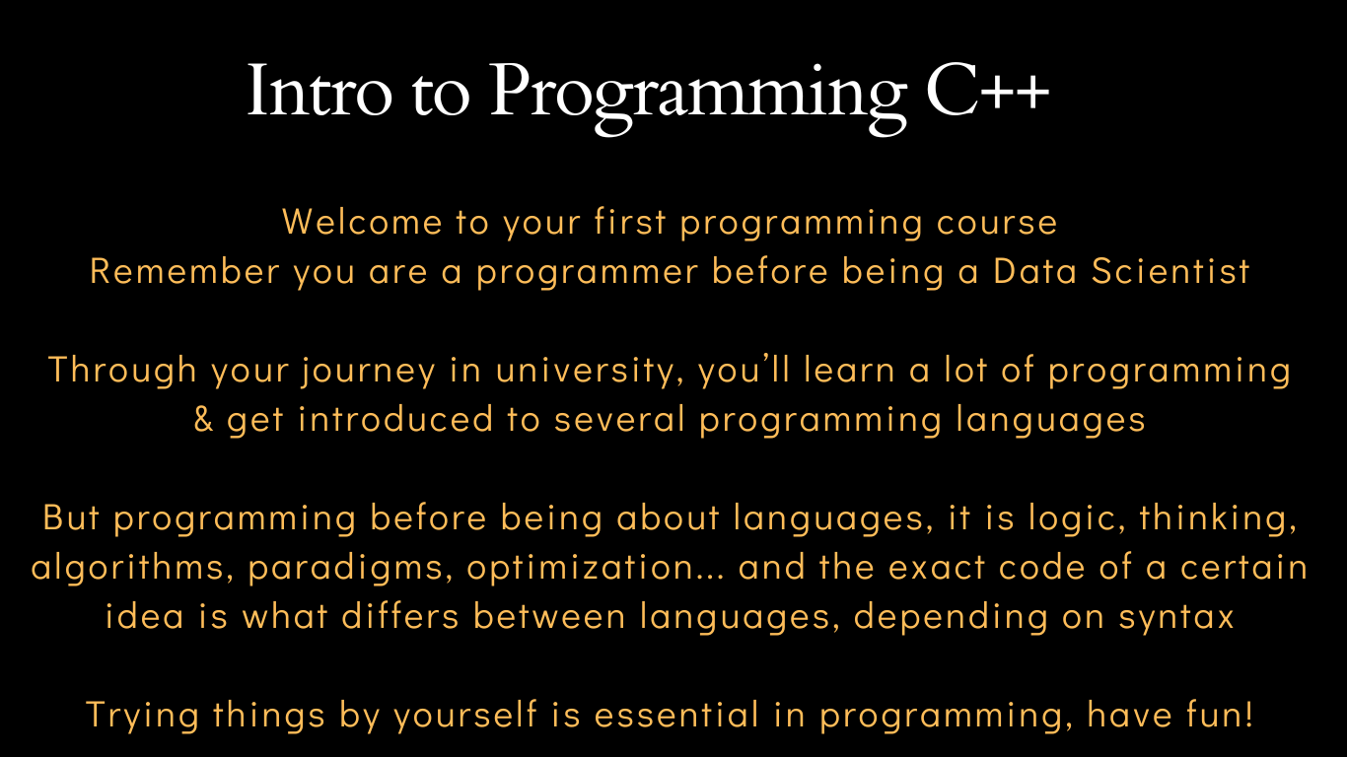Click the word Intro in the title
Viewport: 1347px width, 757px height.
point(319,91)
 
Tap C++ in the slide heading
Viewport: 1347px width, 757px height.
point(987,91)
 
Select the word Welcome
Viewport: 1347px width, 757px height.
point(362,222)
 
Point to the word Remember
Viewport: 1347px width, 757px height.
point(185,271)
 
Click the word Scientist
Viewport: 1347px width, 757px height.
point(1170,271)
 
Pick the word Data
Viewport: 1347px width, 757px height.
point(1035,271)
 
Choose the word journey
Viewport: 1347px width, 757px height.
point(369,372)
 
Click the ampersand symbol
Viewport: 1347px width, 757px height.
point(203,419)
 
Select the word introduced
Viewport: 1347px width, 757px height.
point(395,419)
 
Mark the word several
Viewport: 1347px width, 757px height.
point(620,419)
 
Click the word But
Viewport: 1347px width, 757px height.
point(71,517)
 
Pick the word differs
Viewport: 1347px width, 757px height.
point(400,616)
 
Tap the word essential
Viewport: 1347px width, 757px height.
point(677,715)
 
